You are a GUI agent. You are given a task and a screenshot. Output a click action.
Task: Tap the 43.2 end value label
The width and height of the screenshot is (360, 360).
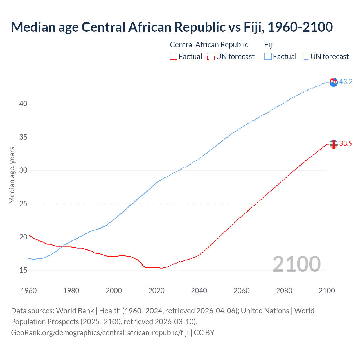pos(346,82)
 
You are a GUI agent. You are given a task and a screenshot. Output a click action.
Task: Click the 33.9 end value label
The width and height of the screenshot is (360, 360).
pos(346,143)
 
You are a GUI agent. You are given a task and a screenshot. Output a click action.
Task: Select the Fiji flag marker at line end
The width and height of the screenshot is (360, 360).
pos(334,82)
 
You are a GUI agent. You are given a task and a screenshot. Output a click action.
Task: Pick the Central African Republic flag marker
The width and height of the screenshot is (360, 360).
pos(334,144)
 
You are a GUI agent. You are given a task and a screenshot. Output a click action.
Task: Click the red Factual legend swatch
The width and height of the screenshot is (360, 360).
pos(174,56)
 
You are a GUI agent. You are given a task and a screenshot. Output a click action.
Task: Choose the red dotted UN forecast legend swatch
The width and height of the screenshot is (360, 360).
pos(211,56)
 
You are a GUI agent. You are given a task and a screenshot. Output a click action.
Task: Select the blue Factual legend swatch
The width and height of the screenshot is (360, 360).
pos(268,56)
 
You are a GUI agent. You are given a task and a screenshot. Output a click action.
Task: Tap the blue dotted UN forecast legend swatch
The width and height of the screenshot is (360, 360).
pos(305,56)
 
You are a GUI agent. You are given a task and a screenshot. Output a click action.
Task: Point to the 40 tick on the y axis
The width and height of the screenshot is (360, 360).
pos(23,103)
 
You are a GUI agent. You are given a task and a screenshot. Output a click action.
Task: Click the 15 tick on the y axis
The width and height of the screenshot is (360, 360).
pos(23,270)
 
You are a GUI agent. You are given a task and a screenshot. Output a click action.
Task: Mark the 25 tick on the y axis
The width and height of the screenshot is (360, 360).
pos(23,203)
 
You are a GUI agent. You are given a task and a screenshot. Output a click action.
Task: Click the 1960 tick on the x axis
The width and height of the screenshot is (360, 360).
pos(29,291)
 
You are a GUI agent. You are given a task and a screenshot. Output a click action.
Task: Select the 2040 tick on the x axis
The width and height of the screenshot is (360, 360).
pos(199,291)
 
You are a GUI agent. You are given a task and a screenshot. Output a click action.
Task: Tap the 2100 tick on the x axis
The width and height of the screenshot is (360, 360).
pos(327,291)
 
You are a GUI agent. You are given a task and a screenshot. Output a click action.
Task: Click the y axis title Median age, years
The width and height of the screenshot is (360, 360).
pos(12,175)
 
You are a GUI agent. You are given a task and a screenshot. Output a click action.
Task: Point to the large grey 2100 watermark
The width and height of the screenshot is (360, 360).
pos(296,264)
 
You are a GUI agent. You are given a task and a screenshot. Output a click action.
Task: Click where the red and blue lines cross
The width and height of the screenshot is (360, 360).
pos(61,247)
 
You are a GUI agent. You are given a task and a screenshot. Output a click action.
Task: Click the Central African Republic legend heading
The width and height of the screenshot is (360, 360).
pos(209,45)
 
